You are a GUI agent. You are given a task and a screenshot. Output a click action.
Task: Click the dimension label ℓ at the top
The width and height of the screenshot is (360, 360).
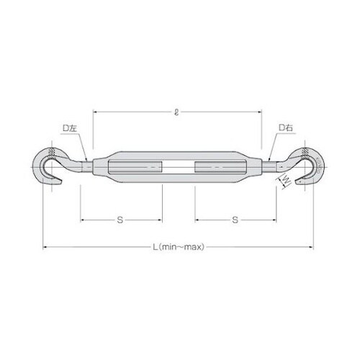click(x=176, y=112)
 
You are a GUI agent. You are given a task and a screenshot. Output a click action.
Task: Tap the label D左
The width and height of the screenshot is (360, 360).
click(x=70, y=128)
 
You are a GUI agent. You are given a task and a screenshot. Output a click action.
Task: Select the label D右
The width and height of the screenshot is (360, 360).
click(x=286, y=127)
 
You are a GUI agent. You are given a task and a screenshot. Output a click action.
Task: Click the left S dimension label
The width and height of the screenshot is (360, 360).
click(x=120, y=220)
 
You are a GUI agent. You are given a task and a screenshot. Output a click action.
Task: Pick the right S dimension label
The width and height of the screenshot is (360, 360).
click(x=235, y=220)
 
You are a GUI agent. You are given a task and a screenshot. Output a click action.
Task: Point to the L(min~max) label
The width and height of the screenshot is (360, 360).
click(x=179, y=247)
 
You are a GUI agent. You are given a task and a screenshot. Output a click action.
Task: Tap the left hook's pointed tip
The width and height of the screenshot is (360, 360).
click(x=62, y=182)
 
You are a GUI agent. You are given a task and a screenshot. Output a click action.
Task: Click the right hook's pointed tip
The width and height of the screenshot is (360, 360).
click(x=296, y=182)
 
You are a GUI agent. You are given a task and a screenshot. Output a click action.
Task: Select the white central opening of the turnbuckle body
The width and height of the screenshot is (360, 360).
click(x=179, y=167)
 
